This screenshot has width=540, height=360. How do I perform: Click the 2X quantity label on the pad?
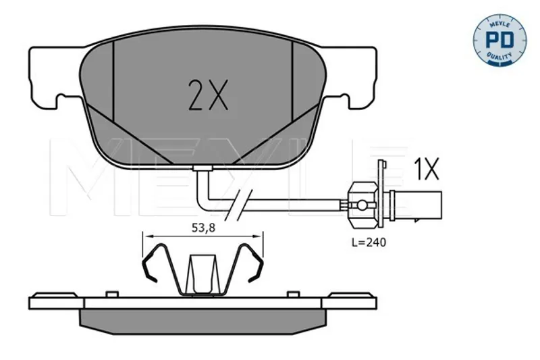point(208,95)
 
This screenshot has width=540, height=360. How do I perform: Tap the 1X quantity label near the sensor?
point(427,169)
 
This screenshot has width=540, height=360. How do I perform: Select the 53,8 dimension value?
point(203,228)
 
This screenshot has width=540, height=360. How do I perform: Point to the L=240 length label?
point(369,242)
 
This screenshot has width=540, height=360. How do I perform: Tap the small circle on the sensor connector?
point(362,205)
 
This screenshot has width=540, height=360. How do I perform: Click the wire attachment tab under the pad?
point(203,168)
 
